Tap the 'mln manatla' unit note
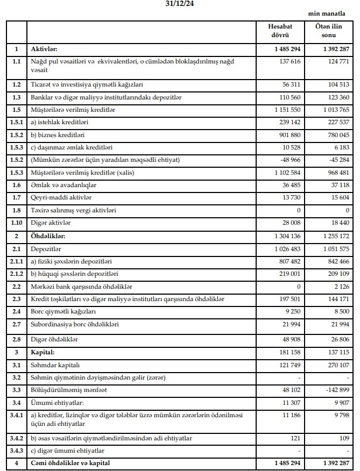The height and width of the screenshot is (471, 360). [329, 15]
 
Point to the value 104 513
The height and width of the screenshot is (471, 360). [336, 85]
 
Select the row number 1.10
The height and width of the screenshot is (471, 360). [16, 222]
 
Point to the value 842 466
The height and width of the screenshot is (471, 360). [336, 260]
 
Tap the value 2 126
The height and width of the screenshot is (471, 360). [340, 286]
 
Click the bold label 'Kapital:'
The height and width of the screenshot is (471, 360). [44, 352]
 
